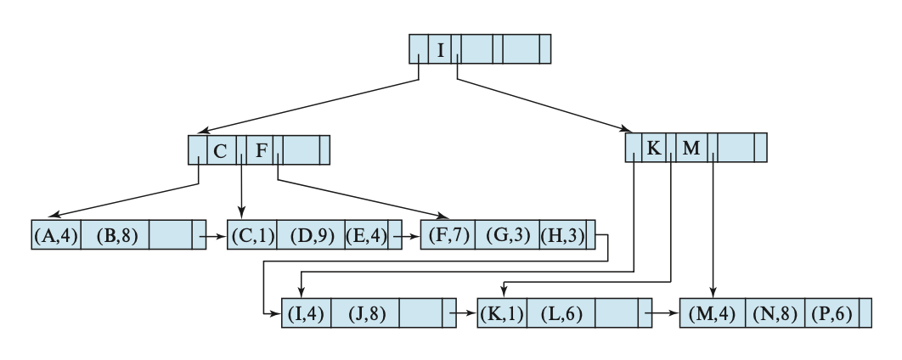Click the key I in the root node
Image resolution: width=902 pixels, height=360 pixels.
[x=441, y=49]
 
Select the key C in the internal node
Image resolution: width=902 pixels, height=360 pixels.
[x=220, y=151]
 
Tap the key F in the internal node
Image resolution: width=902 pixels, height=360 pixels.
[x=262, y=151]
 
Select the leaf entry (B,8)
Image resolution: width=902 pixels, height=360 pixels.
[x=116, y=235]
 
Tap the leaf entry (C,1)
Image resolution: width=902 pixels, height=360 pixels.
[x=253, y=235]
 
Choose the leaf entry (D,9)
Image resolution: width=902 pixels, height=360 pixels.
[x=312, y=235]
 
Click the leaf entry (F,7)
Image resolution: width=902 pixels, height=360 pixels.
[x=447, y=235]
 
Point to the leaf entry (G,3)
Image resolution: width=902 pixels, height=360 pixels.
[x=507, y=235]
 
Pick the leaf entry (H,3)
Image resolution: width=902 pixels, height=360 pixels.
[x=562, y=235]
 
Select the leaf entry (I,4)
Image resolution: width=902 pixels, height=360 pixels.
[x=306, y=313]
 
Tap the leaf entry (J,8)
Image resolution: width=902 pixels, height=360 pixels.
[x=366, y=313]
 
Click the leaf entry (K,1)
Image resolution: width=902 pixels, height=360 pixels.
[x=504, y=313]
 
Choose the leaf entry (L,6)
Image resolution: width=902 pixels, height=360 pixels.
[x=562, y=313]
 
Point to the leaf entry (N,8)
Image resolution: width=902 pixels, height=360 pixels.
[x=773, y=313]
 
